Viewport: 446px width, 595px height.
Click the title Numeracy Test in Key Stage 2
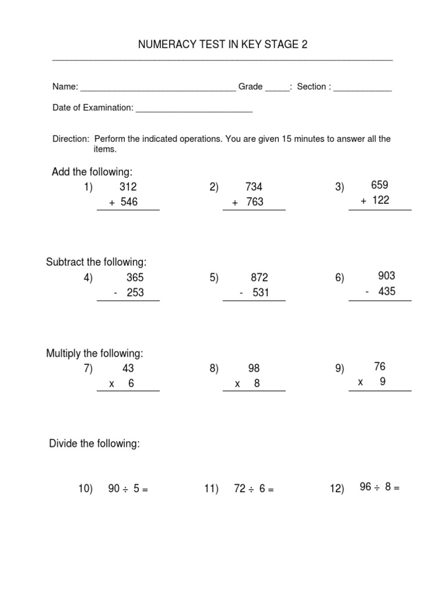222,45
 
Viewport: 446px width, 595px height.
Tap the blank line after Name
158,90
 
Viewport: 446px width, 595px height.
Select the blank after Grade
277,90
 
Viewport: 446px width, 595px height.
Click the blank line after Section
362,90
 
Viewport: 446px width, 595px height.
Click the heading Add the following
92,172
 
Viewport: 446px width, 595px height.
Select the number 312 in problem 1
128,187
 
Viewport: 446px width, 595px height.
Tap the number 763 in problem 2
254,202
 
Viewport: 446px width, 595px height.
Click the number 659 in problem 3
380,185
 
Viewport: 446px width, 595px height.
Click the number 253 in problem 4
135,293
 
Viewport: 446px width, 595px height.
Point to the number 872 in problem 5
259,278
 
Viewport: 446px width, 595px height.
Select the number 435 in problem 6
386,291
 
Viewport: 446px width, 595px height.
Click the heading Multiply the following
95,353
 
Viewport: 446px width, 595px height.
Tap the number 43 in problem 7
128,368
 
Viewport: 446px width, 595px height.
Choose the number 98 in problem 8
254,368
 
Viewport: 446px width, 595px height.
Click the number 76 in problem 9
380,367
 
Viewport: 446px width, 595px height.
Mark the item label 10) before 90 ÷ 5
86,490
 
